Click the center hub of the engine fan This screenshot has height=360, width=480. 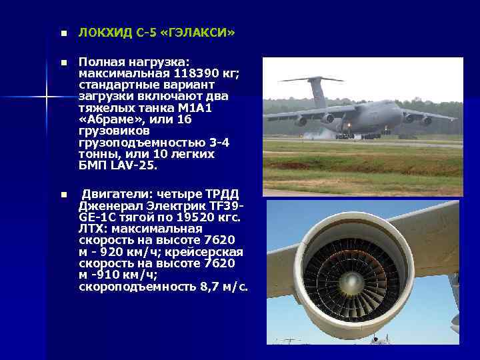pyautogui.click(x=351, y=282)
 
